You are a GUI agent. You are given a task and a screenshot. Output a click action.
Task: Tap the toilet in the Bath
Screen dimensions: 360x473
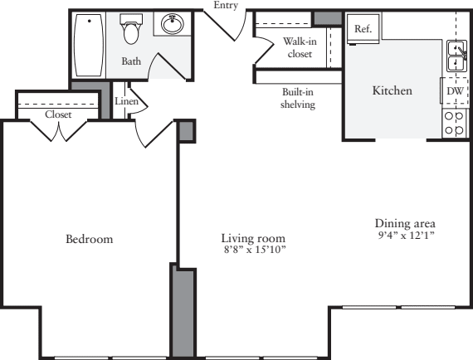click(x=131, y=30)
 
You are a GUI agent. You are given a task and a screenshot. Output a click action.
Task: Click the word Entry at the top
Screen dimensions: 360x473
click(x=225, y=5)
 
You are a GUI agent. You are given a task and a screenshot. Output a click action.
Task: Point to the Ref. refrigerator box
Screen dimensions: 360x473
click(x=363, y=27)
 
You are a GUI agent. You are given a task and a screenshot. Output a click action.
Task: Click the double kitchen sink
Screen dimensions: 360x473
click(x=456, y=56)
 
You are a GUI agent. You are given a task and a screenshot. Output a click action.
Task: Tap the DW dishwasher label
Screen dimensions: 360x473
click(x=455, y=90)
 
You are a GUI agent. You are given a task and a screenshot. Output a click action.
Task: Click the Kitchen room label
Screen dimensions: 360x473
click(x=393, y=90)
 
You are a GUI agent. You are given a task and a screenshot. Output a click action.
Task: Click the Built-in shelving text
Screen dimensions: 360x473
click(x=297, y=99)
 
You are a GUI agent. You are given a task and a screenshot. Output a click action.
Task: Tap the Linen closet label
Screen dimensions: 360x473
click(x=125, y=101)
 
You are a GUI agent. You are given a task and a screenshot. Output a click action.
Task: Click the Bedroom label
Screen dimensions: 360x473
click(x=89, y=239)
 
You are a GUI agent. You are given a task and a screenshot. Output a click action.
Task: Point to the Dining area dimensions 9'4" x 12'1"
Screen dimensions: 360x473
click(x=405, y=235)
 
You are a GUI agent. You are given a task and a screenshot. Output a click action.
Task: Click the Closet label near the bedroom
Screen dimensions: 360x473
click(x=58, y=114)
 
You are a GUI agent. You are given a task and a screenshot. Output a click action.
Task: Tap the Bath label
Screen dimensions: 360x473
click(x=131, y=61)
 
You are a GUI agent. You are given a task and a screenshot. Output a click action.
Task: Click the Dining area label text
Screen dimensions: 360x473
click(x=405, y=223)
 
